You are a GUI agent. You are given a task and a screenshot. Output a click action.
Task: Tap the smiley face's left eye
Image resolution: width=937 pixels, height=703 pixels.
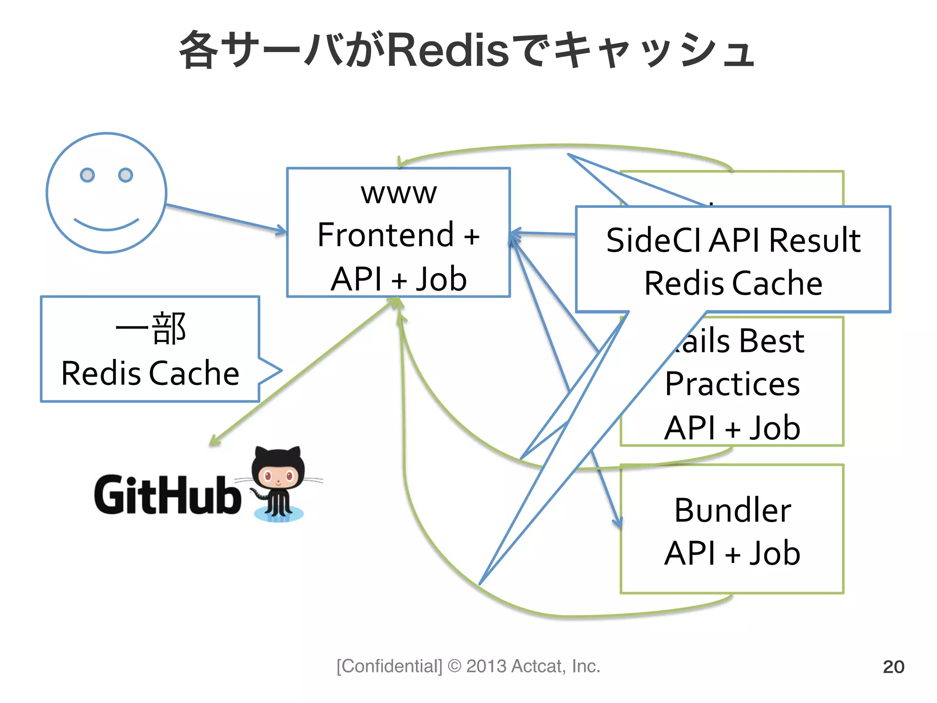[87, 175]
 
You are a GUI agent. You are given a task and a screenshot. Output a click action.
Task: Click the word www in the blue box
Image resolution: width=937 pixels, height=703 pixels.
[398, 193]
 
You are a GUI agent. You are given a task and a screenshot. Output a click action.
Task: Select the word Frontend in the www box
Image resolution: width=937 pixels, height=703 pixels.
[385, 235]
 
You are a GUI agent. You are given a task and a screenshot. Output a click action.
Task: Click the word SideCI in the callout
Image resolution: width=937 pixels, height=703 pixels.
[655, 240]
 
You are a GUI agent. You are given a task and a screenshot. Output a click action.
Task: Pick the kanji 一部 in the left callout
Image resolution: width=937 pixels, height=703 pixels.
[151, 329]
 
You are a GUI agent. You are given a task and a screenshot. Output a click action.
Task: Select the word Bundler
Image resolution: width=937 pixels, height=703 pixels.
[732, 510]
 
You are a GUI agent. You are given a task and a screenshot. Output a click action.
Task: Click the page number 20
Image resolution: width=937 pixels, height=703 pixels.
[893, 667]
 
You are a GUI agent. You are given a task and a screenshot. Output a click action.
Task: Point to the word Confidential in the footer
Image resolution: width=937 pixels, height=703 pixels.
[389, 666]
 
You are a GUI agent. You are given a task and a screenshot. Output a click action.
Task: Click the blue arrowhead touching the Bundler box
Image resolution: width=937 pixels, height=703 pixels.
[618, 522]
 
